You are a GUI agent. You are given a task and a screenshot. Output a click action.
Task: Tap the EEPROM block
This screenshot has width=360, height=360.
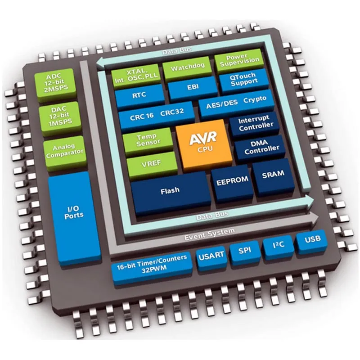[232, 183]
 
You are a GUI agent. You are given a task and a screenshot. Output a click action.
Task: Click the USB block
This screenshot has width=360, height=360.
[312, 242]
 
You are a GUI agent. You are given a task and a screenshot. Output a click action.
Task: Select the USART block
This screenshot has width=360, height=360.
[211, 258]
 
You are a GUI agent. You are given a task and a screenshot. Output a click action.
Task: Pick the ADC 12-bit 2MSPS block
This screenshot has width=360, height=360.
[55, 84]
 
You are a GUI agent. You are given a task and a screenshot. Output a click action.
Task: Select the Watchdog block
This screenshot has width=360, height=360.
[187, 68]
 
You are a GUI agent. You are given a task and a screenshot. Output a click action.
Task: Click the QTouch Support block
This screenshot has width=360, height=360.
[244, 81]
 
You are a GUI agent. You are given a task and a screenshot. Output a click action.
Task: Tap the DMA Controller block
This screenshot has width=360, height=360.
[261, 148]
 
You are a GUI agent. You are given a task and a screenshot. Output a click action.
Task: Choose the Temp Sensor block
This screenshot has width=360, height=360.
[148, 140]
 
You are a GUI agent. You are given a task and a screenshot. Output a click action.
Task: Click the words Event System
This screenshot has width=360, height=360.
[209, 234]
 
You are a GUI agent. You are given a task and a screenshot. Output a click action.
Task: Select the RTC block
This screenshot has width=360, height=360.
[139, 96]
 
